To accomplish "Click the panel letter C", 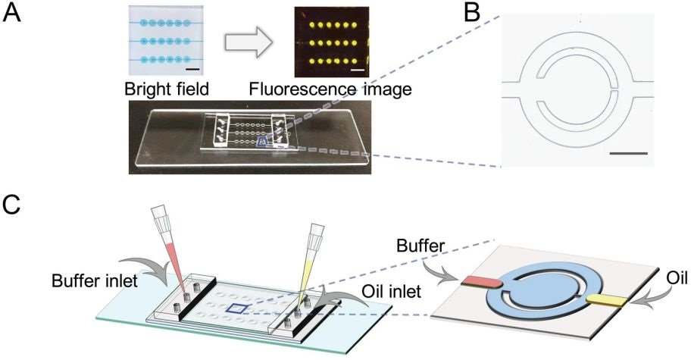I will (x=12, y=207).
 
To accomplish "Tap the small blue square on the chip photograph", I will (x=263, y=141).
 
